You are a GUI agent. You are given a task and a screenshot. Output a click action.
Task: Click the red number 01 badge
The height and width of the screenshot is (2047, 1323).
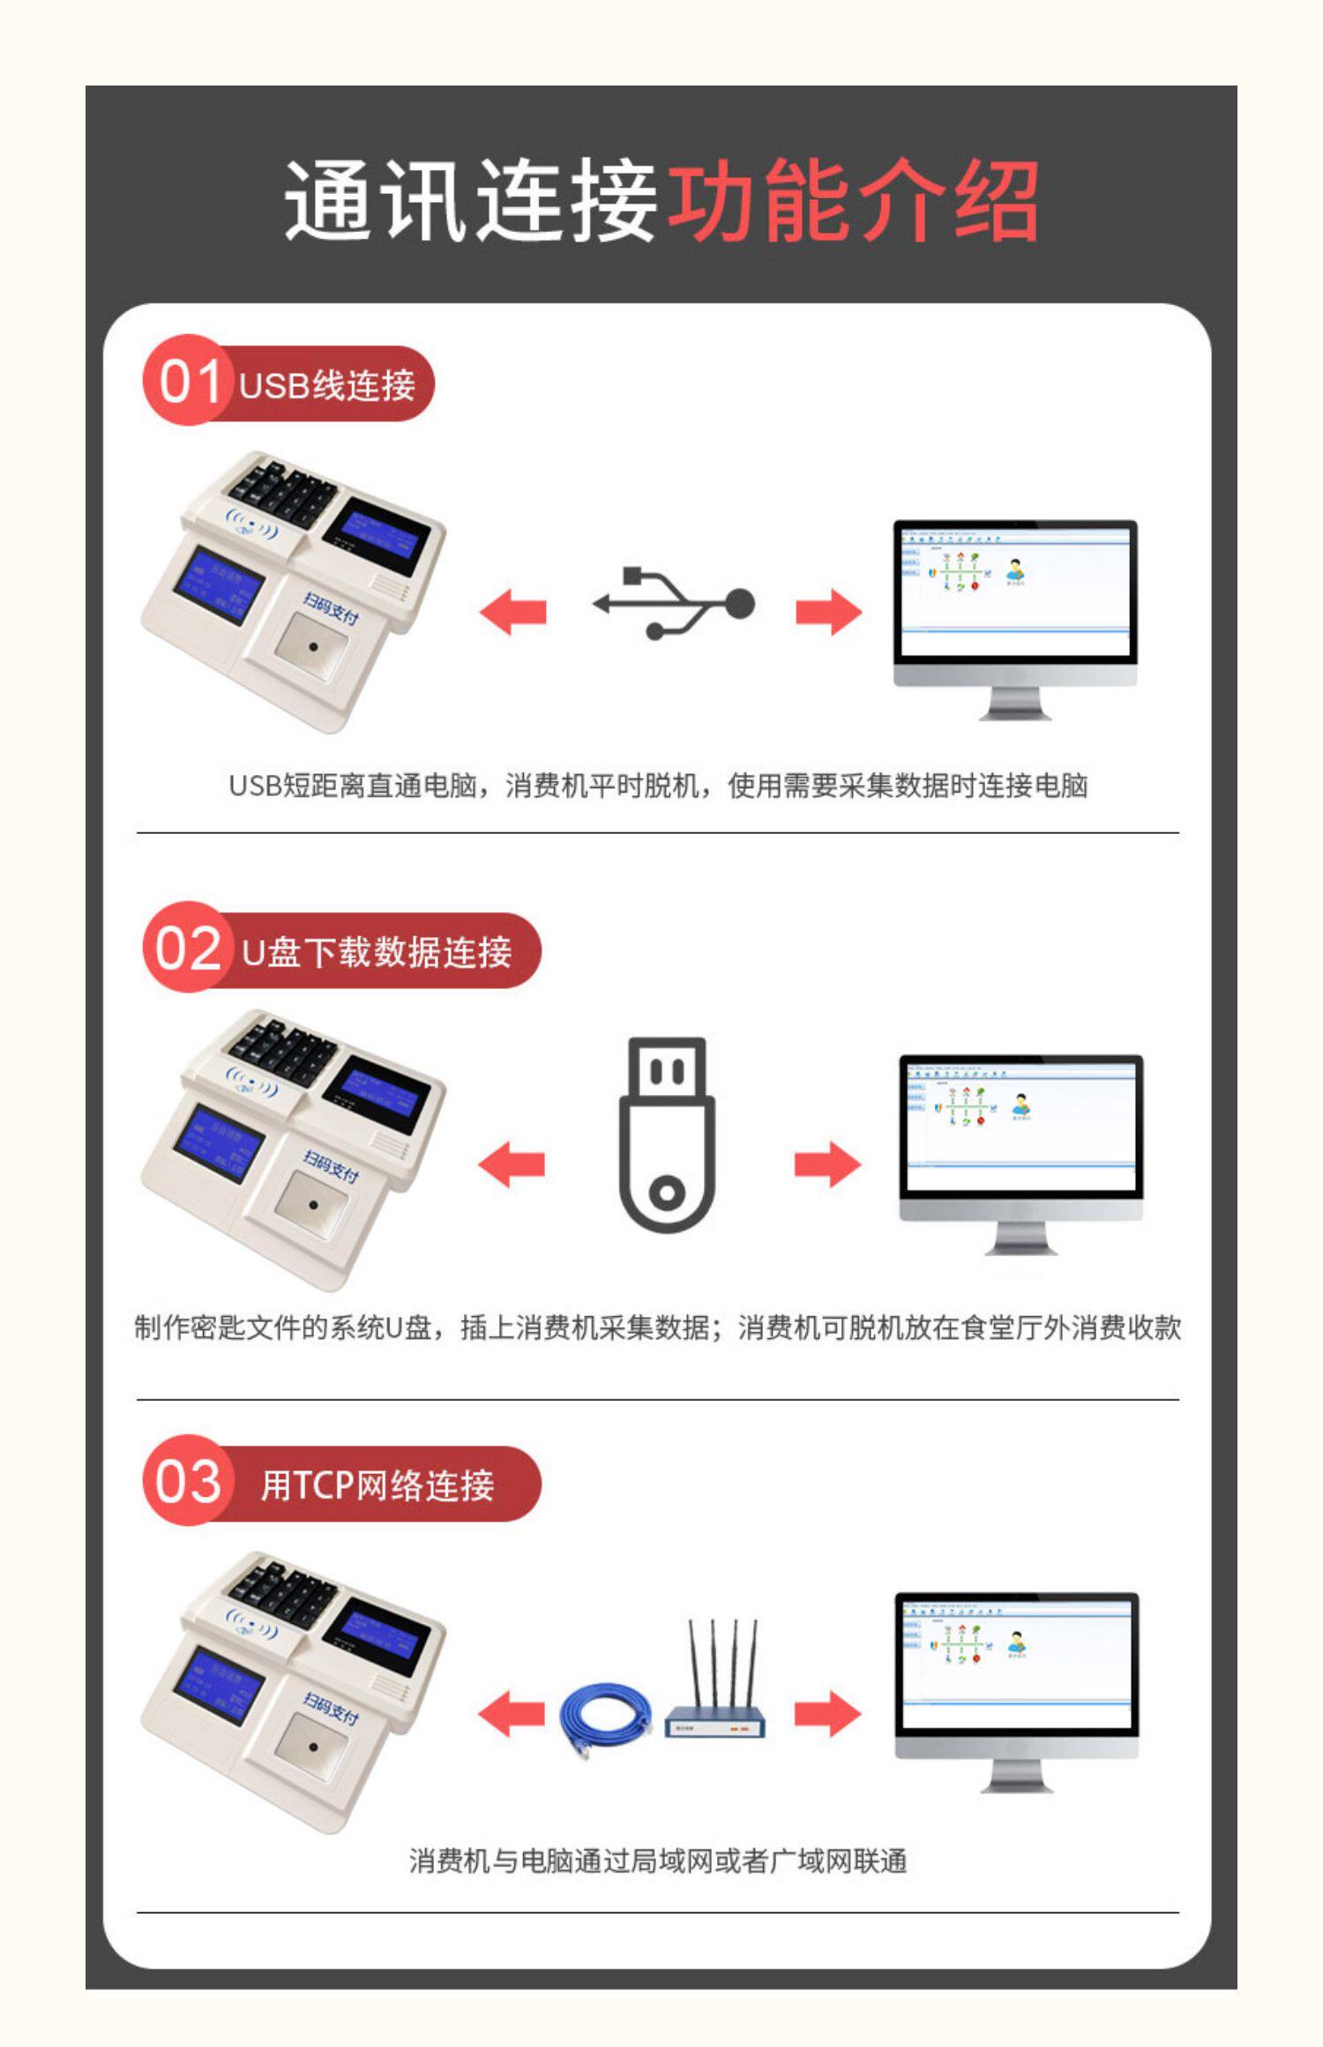point(188,382)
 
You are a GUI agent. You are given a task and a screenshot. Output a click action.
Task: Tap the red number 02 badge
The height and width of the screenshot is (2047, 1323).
point(188,949)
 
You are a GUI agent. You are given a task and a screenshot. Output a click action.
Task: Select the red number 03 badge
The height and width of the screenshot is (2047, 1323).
point(188,1481)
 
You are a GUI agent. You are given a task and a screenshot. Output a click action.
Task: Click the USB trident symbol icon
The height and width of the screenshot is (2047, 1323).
point(674,604)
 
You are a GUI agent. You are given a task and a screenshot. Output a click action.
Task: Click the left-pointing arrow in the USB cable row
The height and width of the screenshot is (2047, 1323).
point(512,612)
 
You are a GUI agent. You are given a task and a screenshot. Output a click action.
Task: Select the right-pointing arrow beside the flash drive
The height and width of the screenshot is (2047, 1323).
point(827,1164)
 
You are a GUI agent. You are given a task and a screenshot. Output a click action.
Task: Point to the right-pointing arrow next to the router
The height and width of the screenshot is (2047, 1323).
point(827,1714)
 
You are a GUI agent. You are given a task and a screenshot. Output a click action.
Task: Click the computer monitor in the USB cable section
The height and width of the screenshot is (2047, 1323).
point(1015,617)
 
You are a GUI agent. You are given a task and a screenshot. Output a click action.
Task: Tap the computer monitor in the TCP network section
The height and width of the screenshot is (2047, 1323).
point(1017,1690)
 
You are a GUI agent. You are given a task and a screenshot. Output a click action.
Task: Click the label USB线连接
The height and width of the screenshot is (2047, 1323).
point(326,386)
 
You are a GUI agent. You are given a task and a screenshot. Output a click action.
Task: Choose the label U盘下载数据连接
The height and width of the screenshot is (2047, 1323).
point(377,952)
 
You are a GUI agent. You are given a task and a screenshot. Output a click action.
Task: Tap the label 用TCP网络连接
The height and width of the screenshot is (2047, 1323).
point(377,1485)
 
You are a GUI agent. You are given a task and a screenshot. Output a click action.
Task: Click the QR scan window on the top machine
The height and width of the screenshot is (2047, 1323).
point(311,647)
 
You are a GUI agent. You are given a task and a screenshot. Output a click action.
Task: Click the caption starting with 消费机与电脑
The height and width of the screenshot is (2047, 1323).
point(658,1861)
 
